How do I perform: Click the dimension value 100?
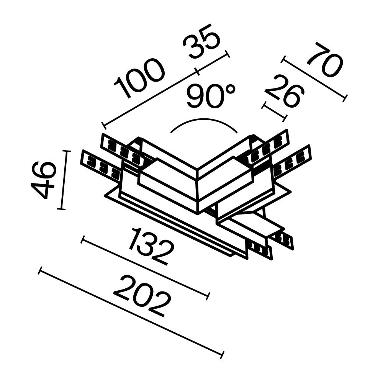[140, 79]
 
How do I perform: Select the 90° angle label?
[211, 97]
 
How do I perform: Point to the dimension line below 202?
[130, 312]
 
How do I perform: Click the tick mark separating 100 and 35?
[197, 71]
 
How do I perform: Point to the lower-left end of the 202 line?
[40, 271]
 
